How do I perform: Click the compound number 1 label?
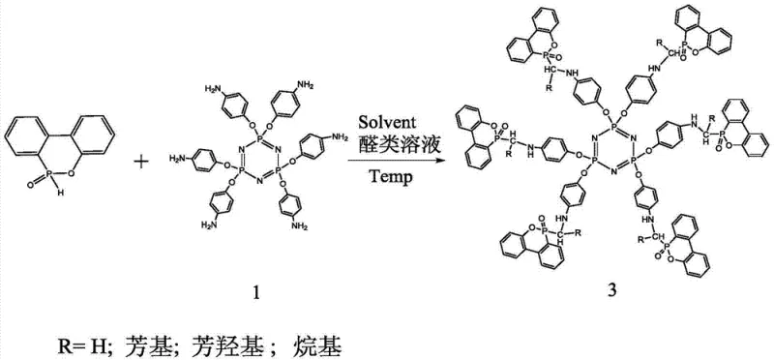coord(255,288)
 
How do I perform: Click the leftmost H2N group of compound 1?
coord(178,157)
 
